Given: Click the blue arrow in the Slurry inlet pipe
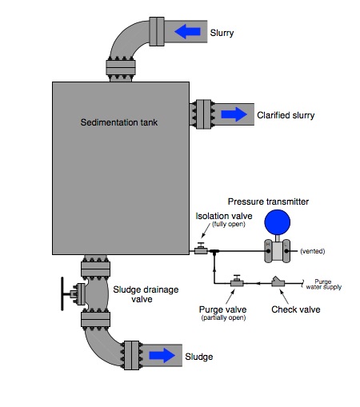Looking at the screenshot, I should tap(188, 32).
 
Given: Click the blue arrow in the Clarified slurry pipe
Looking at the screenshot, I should tap(234, 114).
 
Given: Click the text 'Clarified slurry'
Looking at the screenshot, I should tap(286, 115).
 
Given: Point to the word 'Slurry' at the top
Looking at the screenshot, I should tap(222, 33).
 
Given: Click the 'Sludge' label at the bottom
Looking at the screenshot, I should tap(199, 357).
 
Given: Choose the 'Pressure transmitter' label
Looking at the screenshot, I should tap(268, 201).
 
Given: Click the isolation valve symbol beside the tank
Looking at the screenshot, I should tap(201, 250).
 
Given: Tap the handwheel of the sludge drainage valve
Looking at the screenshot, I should tap(62, 294).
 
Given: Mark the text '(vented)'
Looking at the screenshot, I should tap(311, 252).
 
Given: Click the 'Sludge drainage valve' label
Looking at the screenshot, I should tap(146, 294).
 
